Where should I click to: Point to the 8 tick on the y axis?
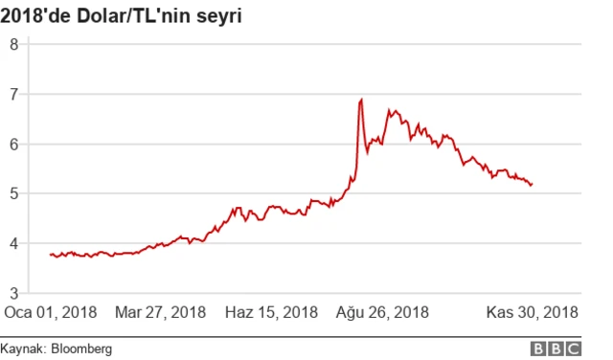[x=14, y=44]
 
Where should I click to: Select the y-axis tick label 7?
[x=14, y=94]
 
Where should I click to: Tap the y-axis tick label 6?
[x=14, y=144]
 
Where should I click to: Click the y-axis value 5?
[x=14, y=193]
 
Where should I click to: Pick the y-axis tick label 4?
[x=14, y=243]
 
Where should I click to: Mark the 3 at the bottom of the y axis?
[x=14, y=293]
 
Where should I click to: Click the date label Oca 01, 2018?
[x=51, y=313]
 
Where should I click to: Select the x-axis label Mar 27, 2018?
[x=160, y=313]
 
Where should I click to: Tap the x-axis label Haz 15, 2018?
[x=271, y=313]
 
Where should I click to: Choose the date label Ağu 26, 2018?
[x=382, y=313]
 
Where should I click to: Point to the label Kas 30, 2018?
[x=532, y=313]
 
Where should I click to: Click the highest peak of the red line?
[x=361, y=99]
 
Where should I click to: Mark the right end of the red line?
[x=532, y=185]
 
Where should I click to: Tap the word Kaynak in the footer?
[x=21, y=349]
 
